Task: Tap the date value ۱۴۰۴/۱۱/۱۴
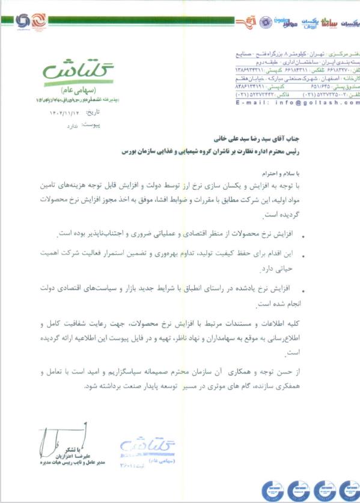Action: [x=62, y=112]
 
